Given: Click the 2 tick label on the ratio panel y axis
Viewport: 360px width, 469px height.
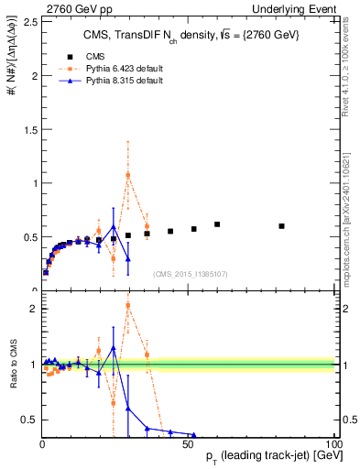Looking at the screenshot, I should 33,309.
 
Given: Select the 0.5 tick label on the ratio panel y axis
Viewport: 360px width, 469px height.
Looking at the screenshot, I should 30,420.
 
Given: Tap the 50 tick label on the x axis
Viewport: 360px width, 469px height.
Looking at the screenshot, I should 189,442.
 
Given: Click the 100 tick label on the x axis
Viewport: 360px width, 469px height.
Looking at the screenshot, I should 333,442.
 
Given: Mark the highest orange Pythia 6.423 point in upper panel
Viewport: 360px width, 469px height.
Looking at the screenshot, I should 128,175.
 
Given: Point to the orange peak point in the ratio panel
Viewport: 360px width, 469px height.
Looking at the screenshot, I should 128,305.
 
